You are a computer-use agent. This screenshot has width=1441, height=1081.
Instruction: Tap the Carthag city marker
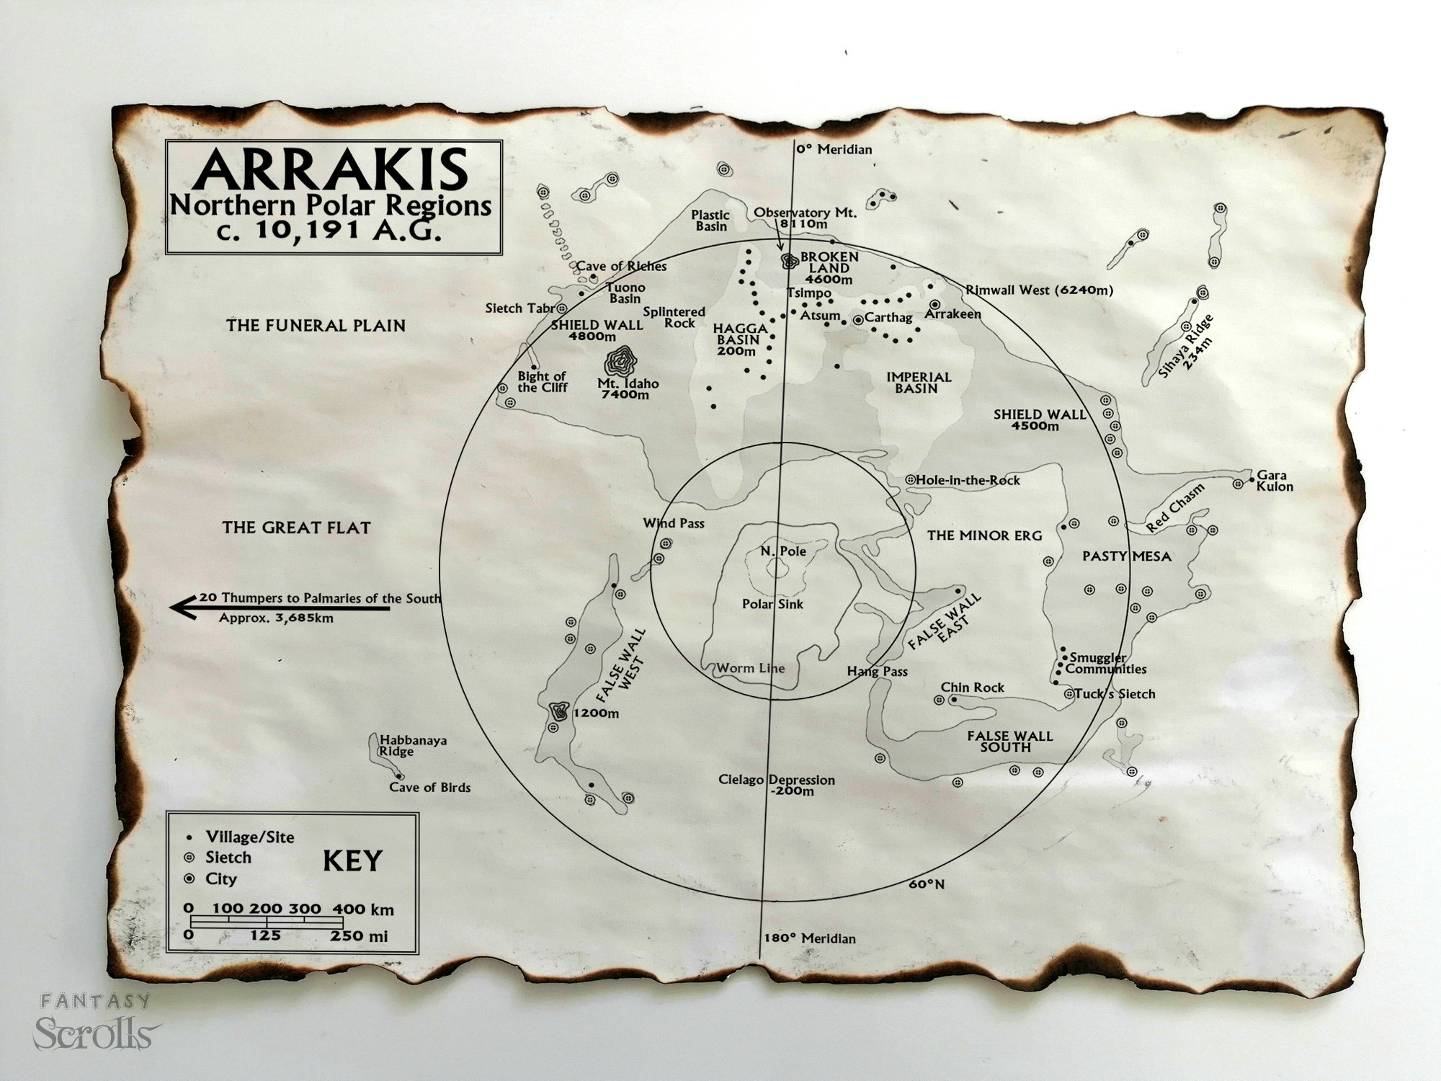[x=858, y=319]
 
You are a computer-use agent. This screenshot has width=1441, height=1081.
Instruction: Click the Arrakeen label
[x=953, y=314]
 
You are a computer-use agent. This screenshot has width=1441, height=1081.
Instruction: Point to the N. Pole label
[x=783, y=551]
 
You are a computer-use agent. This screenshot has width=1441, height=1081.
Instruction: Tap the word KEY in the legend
[x=352, y=861]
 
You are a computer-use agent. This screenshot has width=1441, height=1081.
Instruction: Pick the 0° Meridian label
[x=834, y=150]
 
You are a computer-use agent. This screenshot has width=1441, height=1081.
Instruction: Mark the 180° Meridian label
[x=810, y=938]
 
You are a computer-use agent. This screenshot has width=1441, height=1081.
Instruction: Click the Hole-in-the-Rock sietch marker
[x=910, y=479]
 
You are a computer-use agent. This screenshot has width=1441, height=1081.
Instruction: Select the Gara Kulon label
[x=1274, y=481]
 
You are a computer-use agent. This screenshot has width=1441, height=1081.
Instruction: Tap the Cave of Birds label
[x=429, y=788]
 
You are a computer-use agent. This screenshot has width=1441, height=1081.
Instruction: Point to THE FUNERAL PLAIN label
[x=316, y=326]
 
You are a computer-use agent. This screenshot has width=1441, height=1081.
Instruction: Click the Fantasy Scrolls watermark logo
[x=94, y=1024]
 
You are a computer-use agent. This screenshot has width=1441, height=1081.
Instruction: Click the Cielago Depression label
[x=776, y=786]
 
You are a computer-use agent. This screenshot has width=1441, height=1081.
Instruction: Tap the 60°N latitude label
[x=927, y=884]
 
